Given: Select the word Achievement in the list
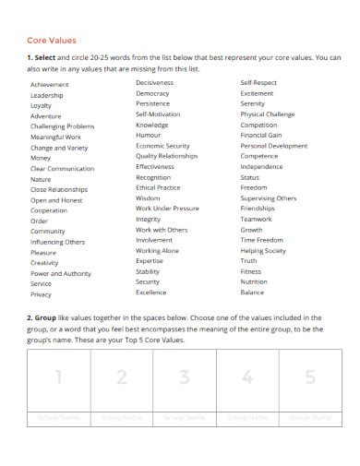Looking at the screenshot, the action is click(x=50, y=85).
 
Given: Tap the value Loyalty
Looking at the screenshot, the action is click(x=42, y=105).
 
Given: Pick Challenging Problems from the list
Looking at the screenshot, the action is click(x=62, y=126).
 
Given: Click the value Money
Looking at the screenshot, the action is click(x=41, y=158).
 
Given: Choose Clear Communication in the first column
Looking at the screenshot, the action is click(x=63, y=168).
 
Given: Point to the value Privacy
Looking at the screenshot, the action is click(x=42, y=294).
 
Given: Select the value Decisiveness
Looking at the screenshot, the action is click(x=155, y=83).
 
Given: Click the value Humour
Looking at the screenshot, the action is click(x=149, y=135).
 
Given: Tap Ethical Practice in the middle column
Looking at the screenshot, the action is click(x=159, y=187).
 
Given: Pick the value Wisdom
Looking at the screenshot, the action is click(x=148, y=197).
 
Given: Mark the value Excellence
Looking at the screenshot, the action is click(x=151, y=292).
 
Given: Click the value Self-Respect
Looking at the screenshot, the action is click(x=258, y=83).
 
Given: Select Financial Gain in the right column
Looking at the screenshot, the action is click(x=262, y=135).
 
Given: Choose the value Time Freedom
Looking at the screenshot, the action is click(x=261, y=240).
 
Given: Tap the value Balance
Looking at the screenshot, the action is click(x=252, y=292).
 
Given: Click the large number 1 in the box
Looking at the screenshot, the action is click(x=58, y=377).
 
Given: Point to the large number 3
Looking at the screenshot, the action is click(x=185, y=377).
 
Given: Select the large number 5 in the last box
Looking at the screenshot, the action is click(x=310, y=377).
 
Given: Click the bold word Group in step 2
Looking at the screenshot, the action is click(x=44, y=317).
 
